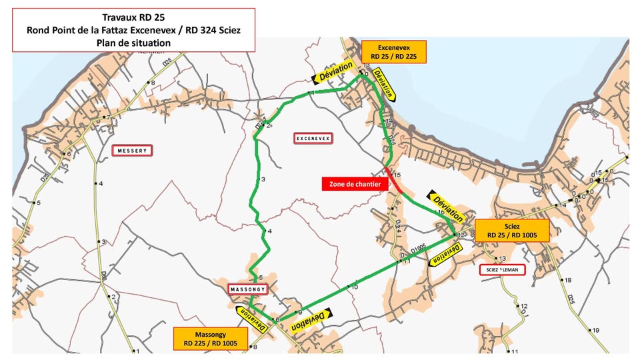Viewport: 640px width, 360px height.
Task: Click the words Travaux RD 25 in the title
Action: click(133, 18)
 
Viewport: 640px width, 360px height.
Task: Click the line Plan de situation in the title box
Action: click(133, 42)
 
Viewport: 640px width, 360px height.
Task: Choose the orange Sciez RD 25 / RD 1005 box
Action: click(512, 231)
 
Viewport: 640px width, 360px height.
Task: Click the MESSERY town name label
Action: click(132, 151)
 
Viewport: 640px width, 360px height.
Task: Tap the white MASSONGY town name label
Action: click(248, 289)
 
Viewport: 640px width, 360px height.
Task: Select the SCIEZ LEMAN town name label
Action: click(502, 270)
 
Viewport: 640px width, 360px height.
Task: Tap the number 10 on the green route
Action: click(354, 287)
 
